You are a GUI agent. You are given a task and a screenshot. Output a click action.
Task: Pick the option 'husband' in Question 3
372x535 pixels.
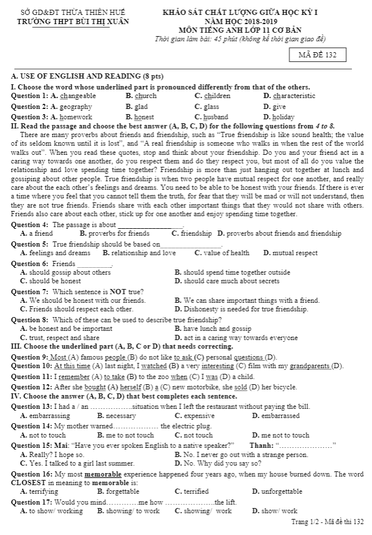pyautogui.click(x=216, y=117)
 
